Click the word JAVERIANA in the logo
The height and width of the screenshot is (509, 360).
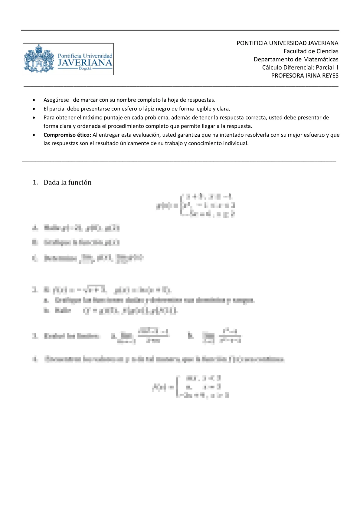[x=85, y=63]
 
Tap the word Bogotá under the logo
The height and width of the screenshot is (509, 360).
[x=85, y=69]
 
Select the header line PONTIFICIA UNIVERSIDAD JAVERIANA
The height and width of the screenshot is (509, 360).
[x=287, y=43]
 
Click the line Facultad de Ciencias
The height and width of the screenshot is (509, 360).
[x=311, y=51]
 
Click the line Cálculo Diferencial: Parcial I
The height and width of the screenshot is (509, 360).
[x=300, y=67]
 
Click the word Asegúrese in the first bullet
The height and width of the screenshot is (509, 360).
[x=56, y=100]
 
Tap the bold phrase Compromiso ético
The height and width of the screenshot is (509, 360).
[x=67, y=135]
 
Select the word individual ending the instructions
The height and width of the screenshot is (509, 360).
[x=236, y=143]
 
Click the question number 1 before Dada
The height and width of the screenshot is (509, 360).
[x=35, y=182]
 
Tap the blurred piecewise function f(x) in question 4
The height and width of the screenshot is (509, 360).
[x=191, y=387]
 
